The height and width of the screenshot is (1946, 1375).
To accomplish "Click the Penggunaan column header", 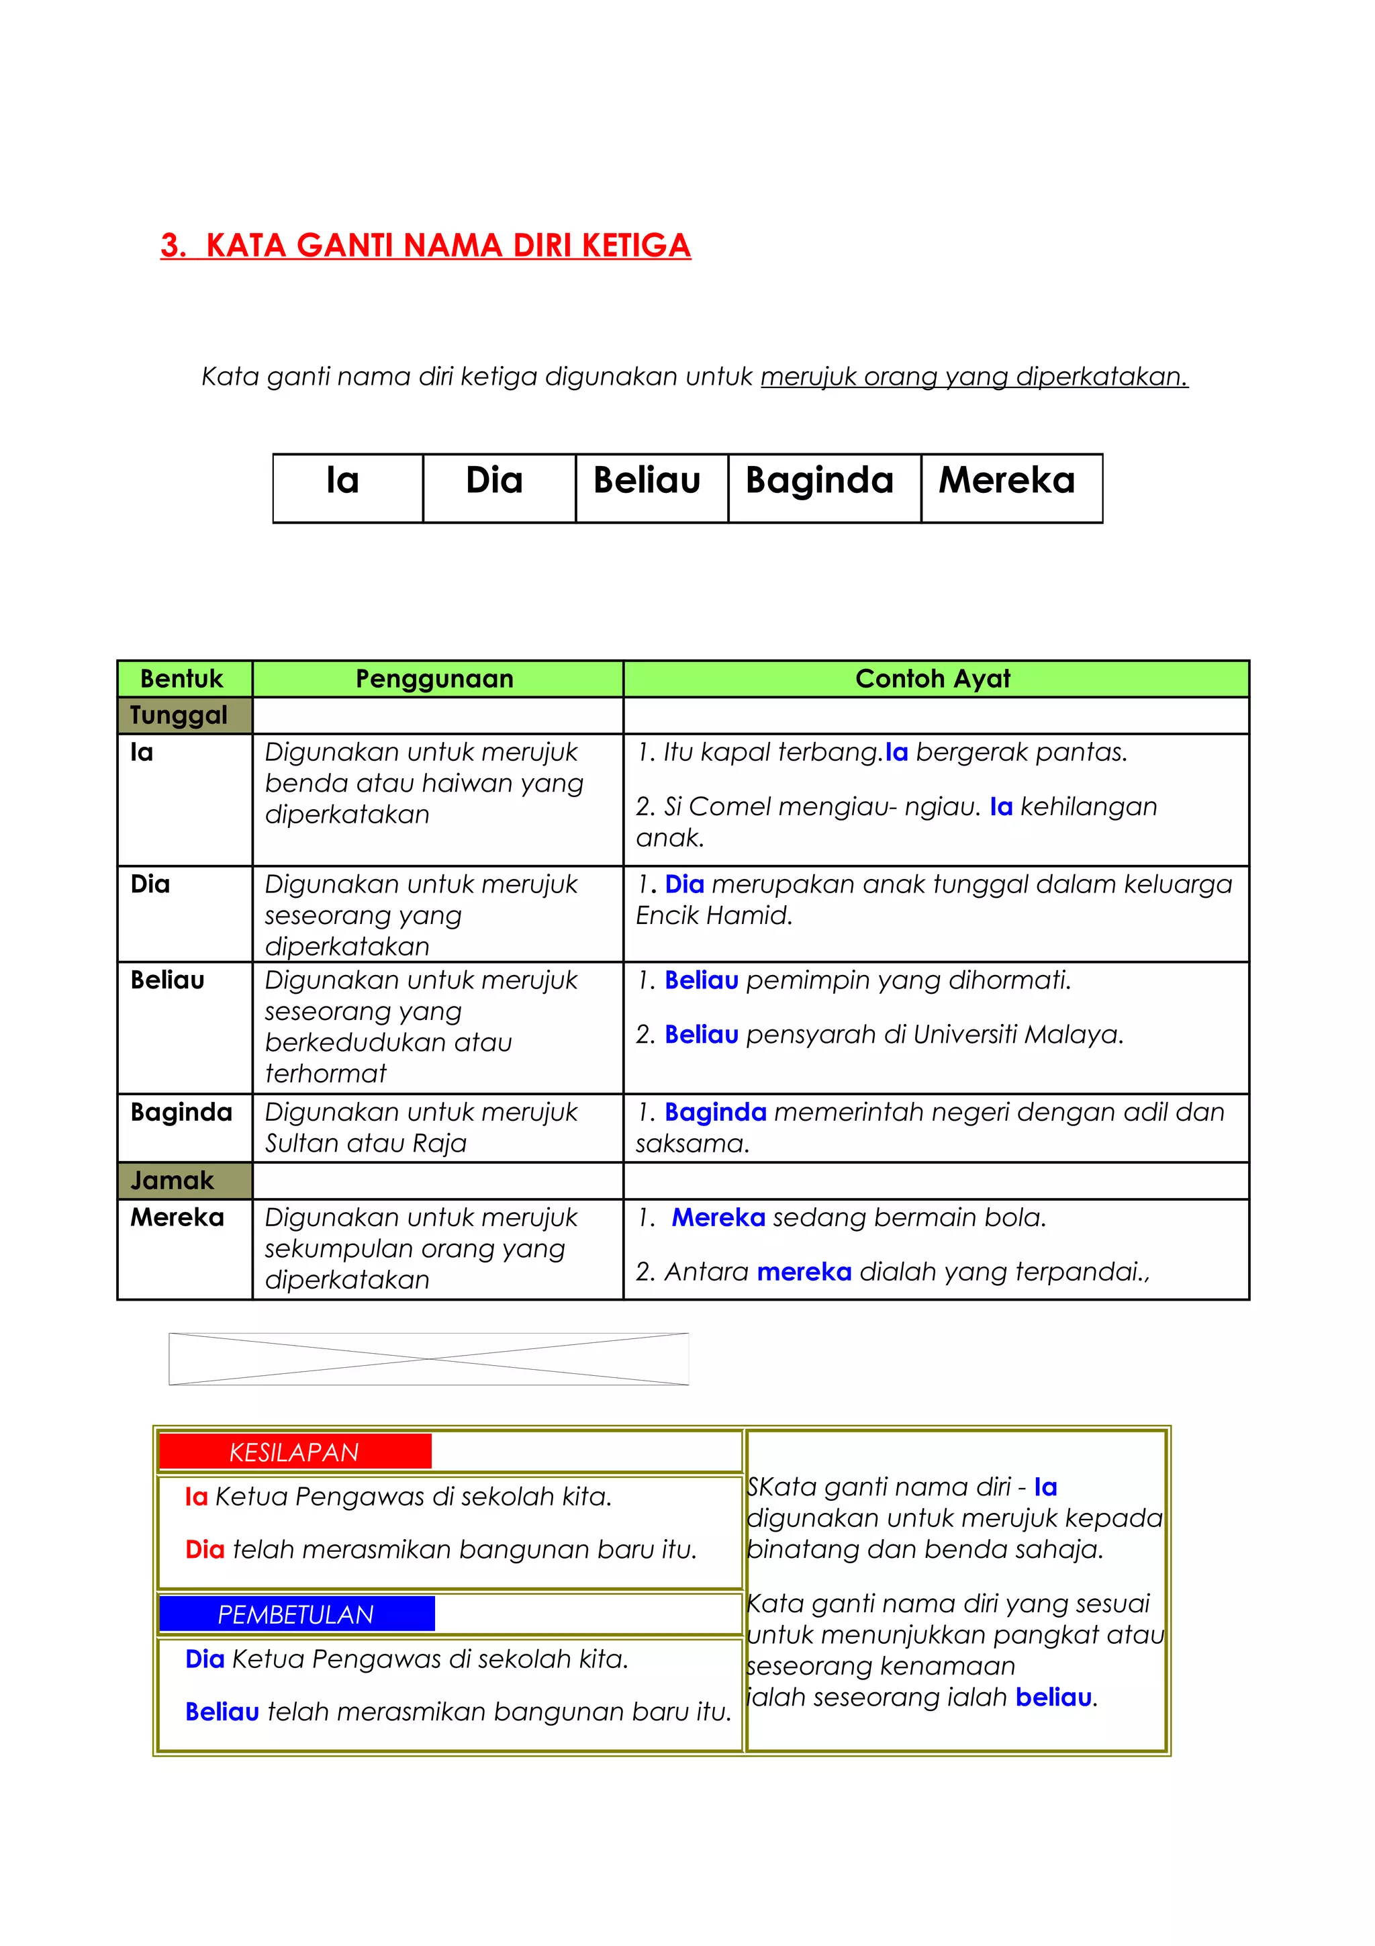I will [434, 679].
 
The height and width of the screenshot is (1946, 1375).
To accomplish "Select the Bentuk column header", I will [181, 679].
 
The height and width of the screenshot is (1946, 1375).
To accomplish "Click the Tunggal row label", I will [179, 715].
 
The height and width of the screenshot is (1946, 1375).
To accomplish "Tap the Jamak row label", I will [172, 1180].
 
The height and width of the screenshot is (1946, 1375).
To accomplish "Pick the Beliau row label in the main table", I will [168, 980].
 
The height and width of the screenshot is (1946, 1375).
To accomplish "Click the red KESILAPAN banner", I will [295, 1452].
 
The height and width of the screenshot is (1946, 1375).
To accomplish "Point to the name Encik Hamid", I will [713, 915].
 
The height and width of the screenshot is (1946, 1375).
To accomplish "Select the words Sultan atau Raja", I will [366, 1144].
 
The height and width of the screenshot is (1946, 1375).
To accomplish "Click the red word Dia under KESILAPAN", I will [205, 1550].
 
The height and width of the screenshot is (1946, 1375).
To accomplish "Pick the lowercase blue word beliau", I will [1053, 1698].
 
